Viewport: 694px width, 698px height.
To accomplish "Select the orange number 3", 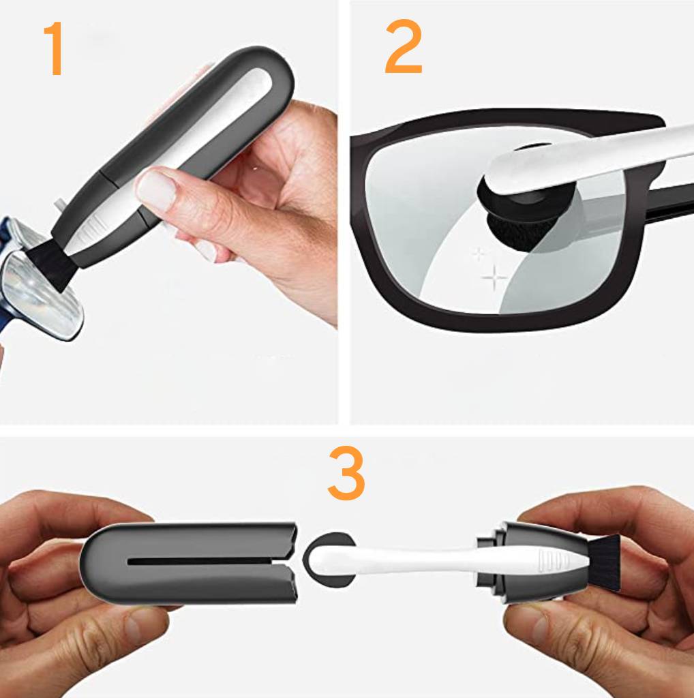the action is point(346,473).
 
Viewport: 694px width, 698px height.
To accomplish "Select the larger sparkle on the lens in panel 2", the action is point(494,278).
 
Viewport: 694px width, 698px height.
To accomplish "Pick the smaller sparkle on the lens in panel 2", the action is point(479,254).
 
